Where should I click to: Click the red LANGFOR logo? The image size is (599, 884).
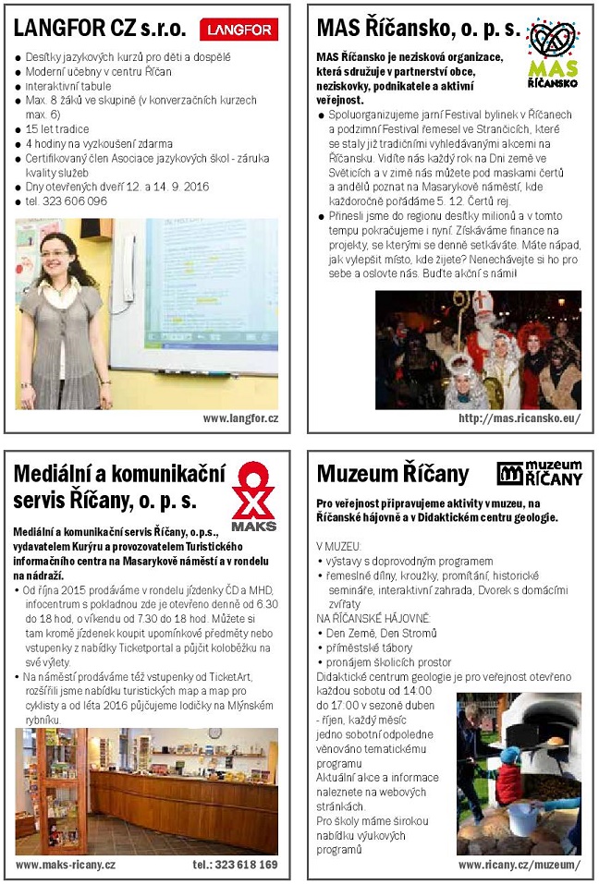pos(238,30)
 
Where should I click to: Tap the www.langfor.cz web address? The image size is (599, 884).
pos(240,418)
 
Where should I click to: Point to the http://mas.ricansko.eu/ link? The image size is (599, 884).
pos(520,418)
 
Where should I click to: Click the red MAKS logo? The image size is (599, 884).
pos(253,496)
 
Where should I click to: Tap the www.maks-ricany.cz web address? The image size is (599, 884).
pos(66,865)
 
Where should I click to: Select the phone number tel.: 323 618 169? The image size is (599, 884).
pos(235,865)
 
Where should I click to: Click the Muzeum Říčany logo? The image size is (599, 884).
pos(540,472)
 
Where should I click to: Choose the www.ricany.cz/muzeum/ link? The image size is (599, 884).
pos(520,865)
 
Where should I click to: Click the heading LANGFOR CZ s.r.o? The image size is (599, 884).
pos(100,29)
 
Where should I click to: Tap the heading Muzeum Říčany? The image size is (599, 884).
pos(393,474)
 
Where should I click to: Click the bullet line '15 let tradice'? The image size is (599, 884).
pos(57,128)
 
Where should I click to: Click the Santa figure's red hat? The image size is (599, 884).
pos(483,302)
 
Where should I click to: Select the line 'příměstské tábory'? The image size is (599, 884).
pos(366,648)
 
